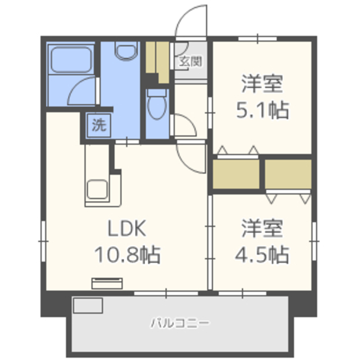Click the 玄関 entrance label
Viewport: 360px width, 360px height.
(191, 61)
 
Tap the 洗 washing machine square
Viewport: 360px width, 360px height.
(99, 125)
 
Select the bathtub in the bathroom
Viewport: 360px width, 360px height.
(71, 60)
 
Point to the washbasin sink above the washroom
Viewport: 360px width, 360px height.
(126, 51)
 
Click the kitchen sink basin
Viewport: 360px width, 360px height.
(97, 189)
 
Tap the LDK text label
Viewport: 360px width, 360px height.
(127, 228)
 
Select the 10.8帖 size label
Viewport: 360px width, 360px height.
(127, 254)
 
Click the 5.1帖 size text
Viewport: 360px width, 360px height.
(263, 110)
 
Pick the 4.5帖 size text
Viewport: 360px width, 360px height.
(262, 254)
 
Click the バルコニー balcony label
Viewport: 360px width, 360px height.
(180, 323)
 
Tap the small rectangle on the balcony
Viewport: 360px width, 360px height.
(88, 305)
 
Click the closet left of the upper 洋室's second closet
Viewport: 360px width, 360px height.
(236, 174)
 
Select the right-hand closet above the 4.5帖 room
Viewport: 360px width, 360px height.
(288, 174)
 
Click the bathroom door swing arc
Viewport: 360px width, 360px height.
(76, 85)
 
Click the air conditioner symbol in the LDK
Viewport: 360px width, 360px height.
(107, 283)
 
